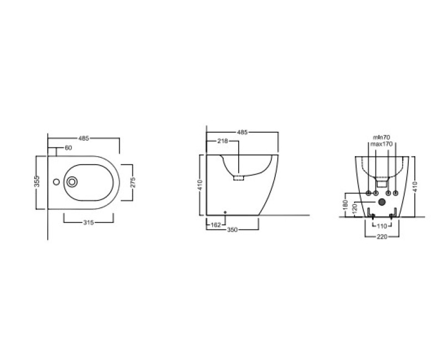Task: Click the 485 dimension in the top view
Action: coord(84,138)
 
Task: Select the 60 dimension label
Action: coord(68,148)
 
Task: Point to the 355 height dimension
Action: coord(37,181)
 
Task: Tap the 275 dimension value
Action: coord(133,182)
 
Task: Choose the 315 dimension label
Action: coord(89,223)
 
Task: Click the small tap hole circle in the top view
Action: coord(56,182)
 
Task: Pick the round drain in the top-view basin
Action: coord(72,182)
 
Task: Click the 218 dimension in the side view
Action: coord(223,141)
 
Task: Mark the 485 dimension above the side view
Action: coord(243,132)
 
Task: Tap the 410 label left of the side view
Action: coord(200,185)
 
